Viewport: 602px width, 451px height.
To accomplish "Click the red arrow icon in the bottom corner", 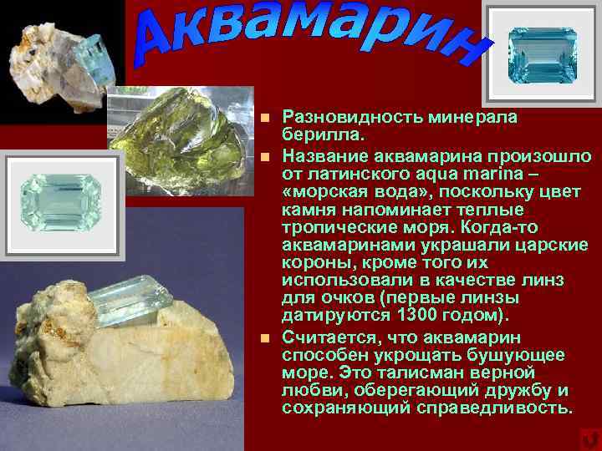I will (588, 438).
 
